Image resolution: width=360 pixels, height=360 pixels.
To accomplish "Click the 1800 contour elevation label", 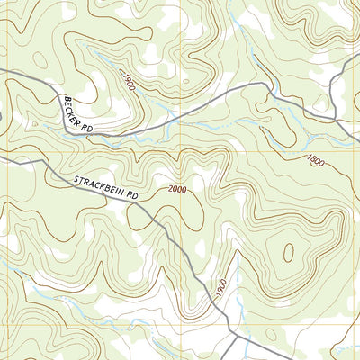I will [314, 161].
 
